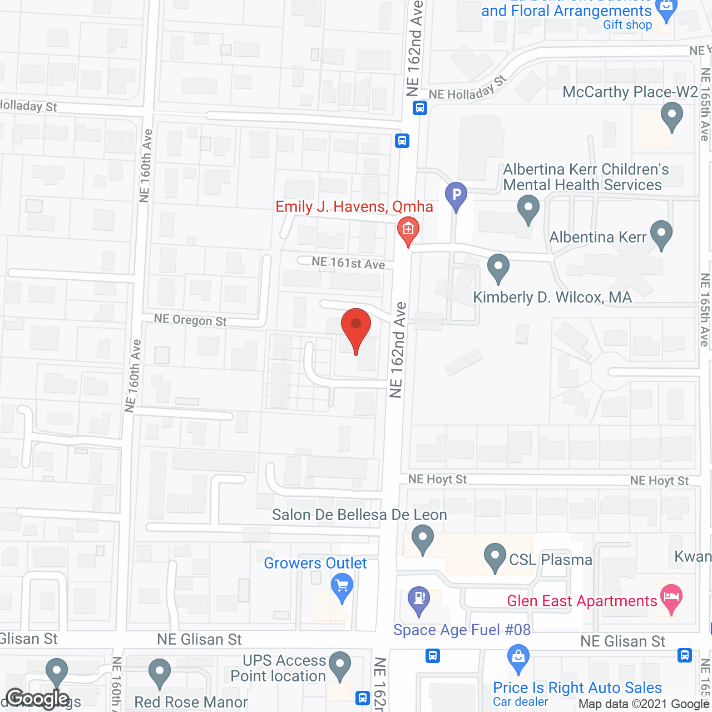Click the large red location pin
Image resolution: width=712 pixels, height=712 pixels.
coord(356,328)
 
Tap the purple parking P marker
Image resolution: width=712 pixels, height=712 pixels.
coord(456,196)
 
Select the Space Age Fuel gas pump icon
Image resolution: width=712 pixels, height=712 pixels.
coord(419,600)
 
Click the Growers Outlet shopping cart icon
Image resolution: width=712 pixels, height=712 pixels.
coord(342,587)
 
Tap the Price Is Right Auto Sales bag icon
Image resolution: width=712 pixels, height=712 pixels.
coord(518,659)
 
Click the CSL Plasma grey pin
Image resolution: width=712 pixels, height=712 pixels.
coord(495,557)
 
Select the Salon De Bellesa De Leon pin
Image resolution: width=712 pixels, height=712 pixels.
coord(423,540)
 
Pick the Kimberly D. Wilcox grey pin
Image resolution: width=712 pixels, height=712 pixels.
coord(498,268)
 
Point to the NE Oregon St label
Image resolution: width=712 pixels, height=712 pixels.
coord(190,320)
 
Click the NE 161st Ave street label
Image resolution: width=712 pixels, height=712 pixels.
coord(348,263)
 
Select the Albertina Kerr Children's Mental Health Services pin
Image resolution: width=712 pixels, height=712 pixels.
coord(528,210)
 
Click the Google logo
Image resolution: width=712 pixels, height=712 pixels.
coord(38,699)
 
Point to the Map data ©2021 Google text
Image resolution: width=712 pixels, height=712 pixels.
coord(644,704)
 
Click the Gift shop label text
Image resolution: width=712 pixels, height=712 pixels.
coord(627,24)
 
